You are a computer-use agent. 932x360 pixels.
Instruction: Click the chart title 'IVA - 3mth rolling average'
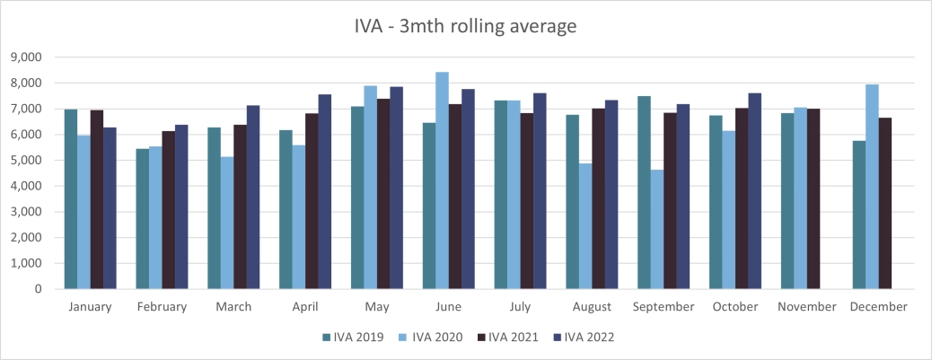pos(465,26)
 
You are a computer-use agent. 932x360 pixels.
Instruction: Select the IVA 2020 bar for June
pos(442,180)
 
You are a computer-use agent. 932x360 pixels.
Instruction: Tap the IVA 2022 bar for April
pos(325,192)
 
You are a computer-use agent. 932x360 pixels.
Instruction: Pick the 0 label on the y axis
pos(40,290)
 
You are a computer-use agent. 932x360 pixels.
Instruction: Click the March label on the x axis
pos(233,307)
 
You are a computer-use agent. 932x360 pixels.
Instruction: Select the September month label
pos(664,307)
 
